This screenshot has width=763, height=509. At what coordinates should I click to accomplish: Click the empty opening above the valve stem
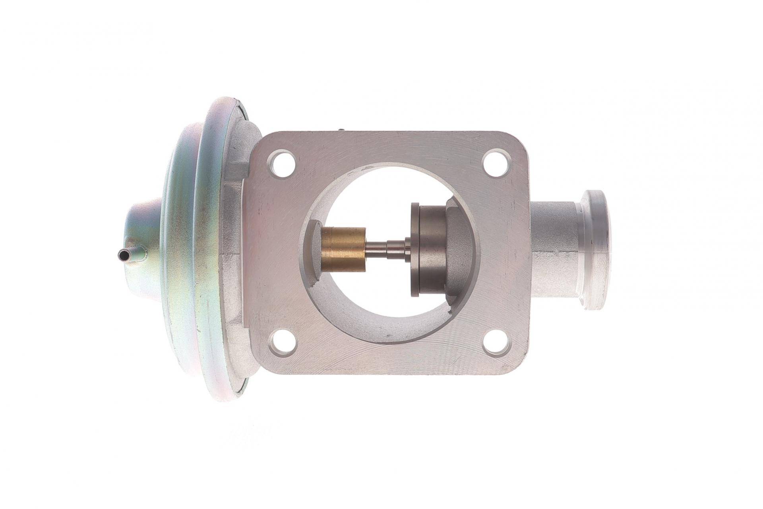coord(378,199)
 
